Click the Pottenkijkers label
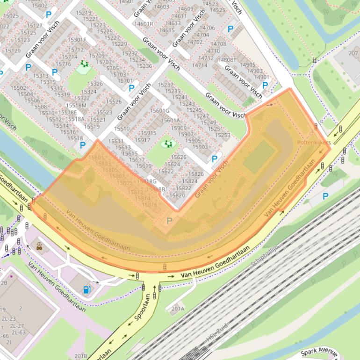tap(314, 142)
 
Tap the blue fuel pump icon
tap(86, 289)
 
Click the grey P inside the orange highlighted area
tap(170, 221)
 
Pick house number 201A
tap(178, 309)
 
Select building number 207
tap(353, 54)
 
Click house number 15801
tap(96, 158)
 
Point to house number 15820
tap(177, 195)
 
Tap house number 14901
tap(262, 77)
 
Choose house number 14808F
tap(227, 60)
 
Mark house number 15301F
tap(77, 40)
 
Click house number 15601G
tap(159, 111)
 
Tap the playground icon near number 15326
tap(84, 64)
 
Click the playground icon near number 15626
tap(167, 144)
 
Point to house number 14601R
tap(144, 23)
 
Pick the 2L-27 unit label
tap(17, 325)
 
